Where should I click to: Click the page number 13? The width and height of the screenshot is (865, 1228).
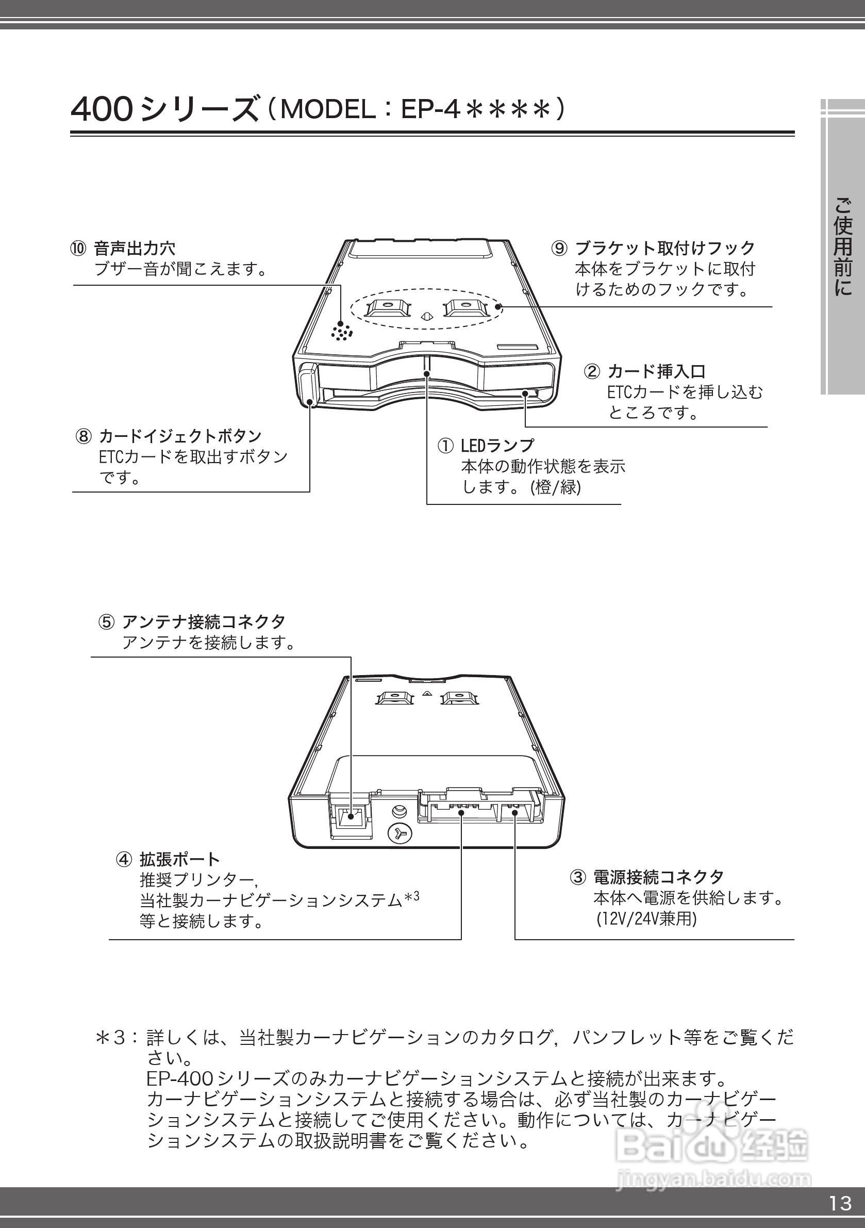click(x=840, y=1203)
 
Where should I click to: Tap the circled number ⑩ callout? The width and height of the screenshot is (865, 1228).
click(x=78, y=249)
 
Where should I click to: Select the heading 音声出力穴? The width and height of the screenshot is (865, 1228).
click(x=134, y=249)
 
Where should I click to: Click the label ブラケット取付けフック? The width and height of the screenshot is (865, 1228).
click(x=664, y=248)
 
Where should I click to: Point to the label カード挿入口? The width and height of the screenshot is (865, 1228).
click(x=657, y=371)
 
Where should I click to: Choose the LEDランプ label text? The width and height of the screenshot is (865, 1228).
click(x=497, y=445)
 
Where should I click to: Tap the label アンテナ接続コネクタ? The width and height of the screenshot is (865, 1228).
click(x=203, y=621)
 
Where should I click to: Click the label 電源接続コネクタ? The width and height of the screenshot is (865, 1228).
click(x=658, y=877)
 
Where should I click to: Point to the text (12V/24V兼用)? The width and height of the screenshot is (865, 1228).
click(x=646, y=919)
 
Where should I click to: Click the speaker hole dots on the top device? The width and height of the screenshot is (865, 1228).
click(x=342, y=332)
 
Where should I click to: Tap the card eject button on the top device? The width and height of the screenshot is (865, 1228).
click(x=308, y=384)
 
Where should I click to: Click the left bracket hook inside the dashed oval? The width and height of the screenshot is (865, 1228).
click(x=389, y=308)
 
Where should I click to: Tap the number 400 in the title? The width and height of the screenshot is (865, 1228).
click(x=102, y=110)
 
